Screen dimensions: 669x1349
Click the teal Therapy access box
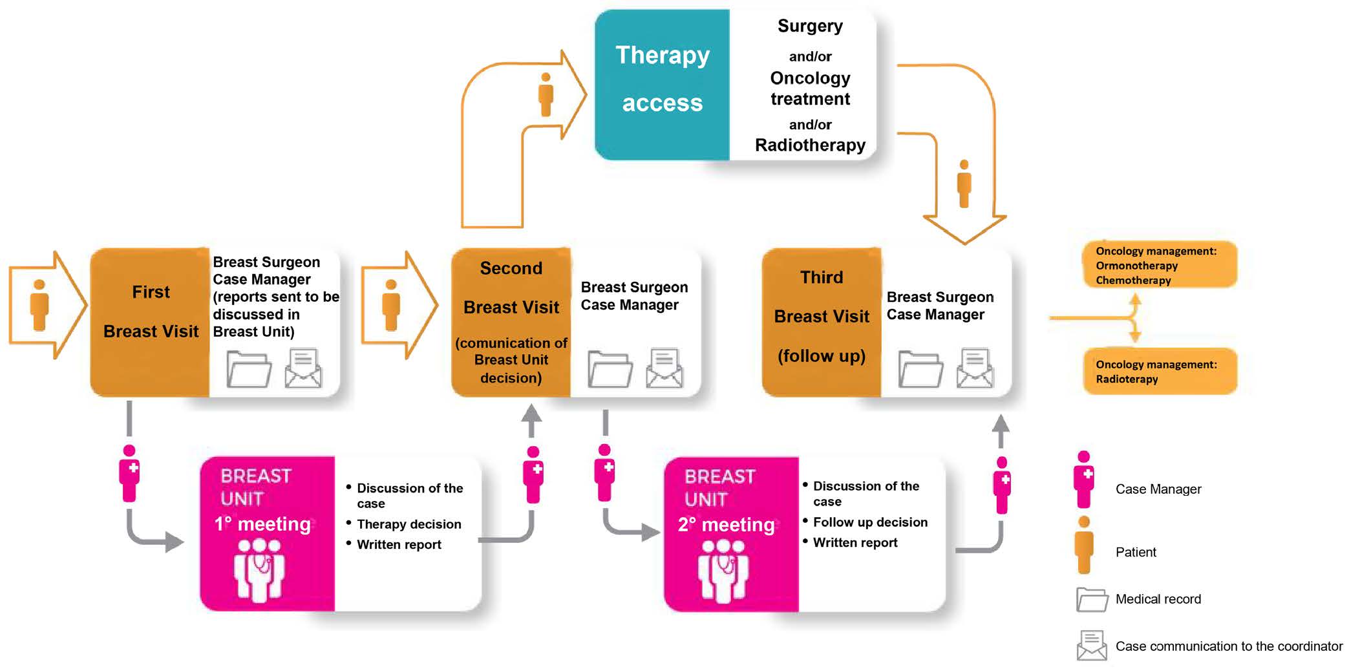pyautogui.click(x=662, y=84)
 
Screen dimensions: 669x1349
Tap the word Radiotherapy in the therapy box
pyautogui.click(x=810, y=145)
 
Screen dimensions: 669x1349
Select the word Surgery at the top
pyautogui.click(x=810, y=26)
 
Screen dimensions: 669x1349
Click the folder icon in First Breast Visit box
pyautogui.click(x=249, y=369)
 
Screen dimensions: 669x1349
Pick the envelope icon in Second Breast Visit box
pyautogui.click(x=664, y=368)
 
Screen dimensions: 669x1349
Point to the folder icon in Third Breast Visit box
pyautogui.click(x=920, y=369)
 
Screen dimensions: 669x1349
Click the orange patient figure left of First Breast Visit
pyautogui.click(x=39, y=304)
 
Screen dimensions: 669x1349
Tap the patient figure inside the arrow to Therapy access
pyautogui.click(x=546, y=94)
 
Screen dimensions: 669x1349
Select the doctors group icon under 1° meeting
pyautogui.click(x=259, y=569)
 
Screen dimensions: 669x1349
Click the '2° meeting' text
pyautogui.click(x=726, y=524)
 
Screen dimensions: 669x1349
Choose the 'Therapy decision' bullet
pyautogui.click(x=409, y=524)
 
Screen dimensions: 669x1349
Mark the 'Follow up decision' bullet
pyautogui.click(x=869, y=522)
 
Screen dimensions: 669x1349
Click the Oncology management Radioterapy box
pyautogui.click(x=1160, y=372)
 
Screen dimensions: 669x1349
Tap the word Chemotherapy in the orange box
pyautogui.click(x=1133, y=281)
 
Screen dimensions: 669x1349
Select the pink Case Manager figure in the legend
pyautogui.click(x=1084, y=479)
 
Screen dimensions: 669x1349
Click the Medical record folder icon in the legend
pyautogui.click(x=1092, y=599)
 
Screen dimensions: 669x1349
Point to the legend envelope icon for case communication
pyautogui.click(x=1092, y=645)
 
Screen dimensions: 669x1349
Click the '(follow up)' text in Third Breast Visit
pyautogui.click(x=821, y=356)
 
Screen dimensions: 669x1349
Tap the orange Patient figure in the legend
pyautogui.click(x=1084, y=544)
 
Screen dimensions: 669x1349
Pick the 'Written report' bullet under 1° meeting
pyautogui.click(x=399, y=545)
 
